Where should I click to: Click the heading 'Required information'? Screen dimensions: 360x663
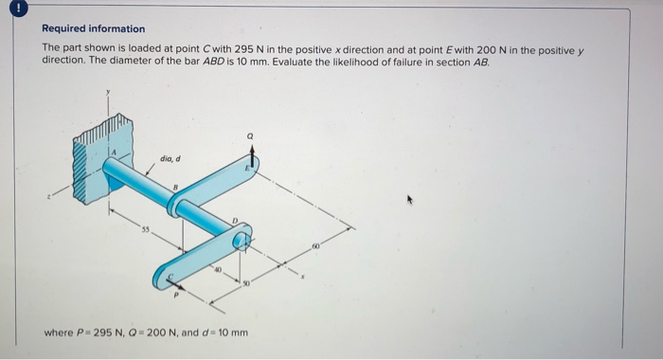(x=94, y=28)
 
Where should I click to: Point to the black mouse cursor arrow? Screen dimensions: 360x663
(x=410, y=201)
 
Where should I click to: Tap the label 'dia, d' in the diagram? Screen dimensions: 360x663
(x=170, y=158)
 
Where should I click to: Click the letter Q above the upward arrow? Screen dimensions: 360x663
(x=250, y=135)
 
